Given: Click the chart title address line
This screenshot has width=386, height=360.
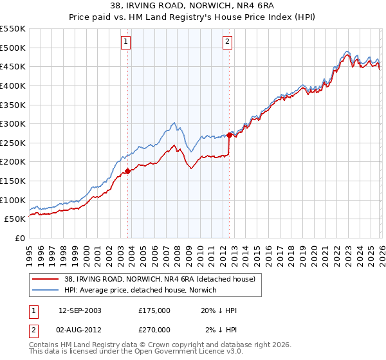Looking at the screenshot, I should (x=193, y=7).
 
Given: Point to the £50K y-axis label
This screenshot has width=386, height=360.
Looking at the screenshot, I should (x=15, y=219).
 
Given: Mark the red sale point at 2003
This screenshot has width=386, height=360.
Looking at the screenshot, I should (x=127, y=171).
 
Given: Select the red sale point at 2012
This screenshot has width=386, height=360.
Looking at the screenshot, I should (x=229, y=135).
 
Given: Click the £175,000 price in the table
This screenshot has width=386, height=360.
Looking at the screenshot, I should (x=154, y=310).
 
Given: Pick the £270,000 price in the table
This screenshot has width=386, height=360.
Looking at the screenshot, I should (x=154, y=329).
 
